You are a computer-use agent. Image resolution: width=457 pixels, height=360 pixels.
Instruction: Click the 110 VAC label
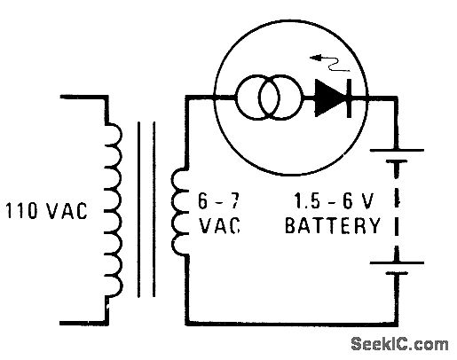pyautogui.click(x=46, y=211)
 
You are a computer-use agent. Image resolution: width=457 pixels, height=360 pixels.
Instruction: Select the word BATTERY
pyautogui.click(x=333, y=225)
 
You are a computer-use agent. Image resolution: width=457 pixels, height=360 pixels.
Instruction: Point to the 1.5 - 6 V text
pyautogui.click(x=334, y=200)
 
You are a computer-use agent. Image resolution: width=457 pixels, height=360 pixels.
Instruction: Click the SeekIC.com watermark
pyautogui.click(x=400, y=344)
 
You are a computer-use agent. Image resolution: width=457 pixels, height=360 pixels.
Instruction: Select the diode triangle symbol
pyautogui.click(x=329, y=98)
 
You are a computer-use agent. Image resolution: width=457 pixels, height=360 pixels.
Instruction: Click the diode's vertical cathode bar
pyautogui.click(x=349, y=98)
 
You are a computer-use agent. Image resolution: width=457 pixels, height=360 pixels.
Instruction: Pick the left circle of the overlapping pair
pyautogui.click(x=236, y=98)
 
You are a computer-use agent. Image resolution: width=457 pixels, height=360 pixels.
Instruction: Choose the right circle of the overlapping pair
pyautogui.click(x=303, y=98)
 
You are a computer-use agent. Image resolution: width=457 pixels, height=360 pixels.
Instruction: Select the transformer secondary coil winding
pyautogui.click(x=172, y=211)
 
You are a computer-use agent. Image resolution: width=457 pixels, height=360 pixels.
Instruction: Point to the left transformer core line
pyautogui.click(x=138, y=209)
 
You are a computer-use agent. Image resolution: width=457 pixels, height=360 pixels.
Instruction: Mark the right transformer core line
pyautogui.click(x=154, y=209)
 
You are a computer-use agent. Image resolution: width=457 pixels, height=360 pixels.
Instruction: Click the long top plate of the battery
pyautogui.click(x=397, y=150)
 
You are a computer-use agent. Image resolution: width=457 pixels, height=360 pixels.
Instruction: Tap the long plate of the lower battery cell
pyautogui.click(x=397, y=262)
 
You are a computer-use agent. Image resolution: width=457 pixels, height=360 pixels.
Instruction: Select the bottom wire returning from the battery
pyautogui.click(x=291, y=324)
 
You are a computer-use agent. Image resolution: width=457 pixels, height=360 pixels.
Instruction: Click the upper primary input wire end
pyautogui.click(x=61, y=97)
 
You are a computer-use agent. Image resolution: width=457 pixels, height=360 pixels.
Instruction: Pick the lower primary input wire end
pyautogui.click(x=61, y=323)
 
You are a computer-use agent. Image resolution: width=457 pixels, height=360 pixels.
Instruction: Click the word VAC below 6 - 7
pyautogui.click(x=219, y=225)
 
